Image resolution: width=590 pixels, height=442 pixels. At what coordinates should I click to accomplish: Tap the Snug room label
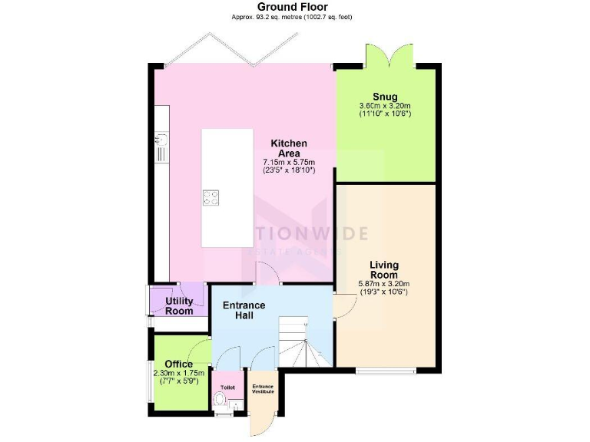point(385,97)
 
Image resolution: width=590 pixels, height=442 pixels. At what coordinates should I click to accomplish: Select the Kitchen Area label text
point(289,149)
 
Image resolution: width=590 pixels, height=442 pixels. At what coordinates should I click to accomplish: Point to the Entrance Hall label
point(244,311)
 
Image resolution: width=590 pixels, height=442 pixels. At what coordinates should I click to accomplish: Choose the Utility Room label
point(179,306)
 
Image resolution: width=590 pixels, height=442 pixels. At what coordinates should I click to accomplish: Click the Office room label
point(178,364)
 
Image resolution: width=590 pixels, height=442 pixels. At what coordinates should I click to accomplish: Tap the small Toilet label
point(227,388)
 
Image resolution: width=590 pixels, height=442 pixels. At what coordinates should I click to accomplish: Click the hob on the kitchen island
point(210,197)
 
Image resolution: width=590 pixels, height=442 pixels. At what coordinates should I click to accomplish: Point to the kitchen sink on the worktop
point(161,139)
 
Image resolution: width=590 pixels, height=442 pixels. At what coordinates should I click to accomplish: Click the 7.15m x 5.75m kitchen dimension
point(289,163)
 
